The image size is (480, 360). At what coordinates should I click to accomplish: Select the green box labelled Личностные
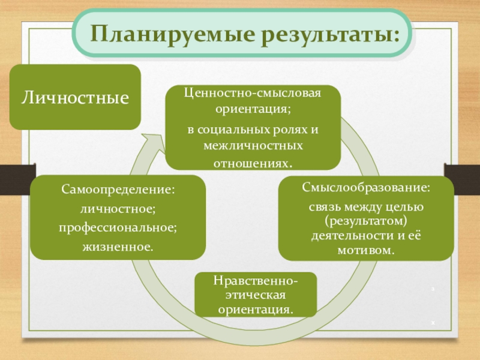point(76,97)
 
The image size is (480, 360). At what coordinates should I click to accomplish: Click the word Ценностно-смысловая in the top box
point(253,94)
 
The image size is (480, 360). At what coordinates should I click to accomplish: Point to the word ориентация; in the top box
point(253,110)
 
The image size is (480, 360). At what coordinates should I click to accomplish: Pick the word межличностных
point(253,146)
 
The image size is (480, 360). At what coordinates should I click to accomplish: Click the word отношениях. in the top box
point(253,163)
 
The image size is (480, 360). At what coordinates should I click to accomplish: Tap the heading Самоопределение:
point(118,190)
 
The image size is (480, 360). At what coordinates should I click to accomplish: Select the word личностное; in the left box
point(118,209)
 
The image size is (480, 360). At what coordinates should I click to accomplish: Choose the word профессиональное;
point(118,228)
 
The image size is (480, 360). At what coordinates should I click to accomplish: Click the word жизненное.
point(118,247)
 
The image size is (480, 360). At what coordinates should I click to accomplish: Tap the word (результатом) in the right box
point(366,221)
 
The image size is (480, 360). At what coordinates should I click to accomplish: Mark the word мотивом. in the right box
point(366,248)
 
